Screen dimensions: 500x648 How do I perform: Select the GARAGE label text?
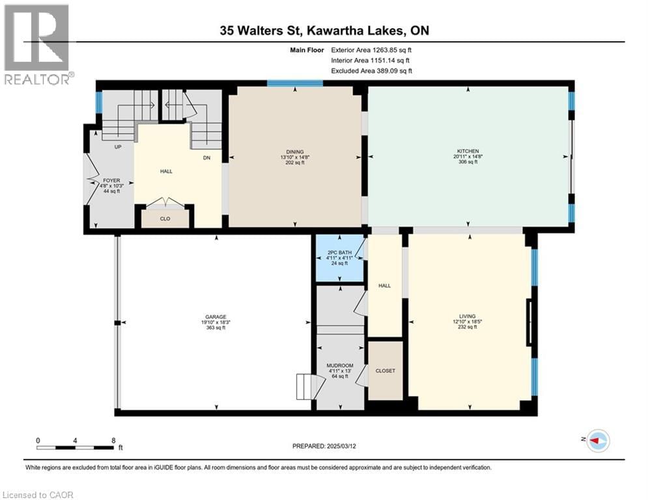(215, 317)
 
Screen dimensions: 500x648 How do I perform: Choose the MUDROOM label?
(339, 366)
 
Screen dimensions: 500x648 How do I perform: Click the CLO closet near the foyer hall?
(165, 219)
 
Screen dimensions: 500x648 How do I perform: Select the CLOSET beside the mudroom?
(385, 370)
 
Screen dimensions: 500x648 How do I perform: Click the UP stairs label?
(118, 147)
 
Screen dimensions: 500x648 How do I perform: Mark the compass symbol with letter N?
(597, 441)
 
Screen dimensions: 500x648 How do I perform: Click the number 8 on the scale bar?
(113, 440)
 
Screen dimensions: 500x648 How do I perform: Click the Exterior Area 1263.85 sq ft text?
(373, 49)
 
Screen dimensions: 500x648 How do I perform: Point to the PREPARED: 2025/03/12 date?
(324, 446)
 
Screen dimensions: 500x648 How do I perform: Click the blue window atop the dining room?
(295, 83)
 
